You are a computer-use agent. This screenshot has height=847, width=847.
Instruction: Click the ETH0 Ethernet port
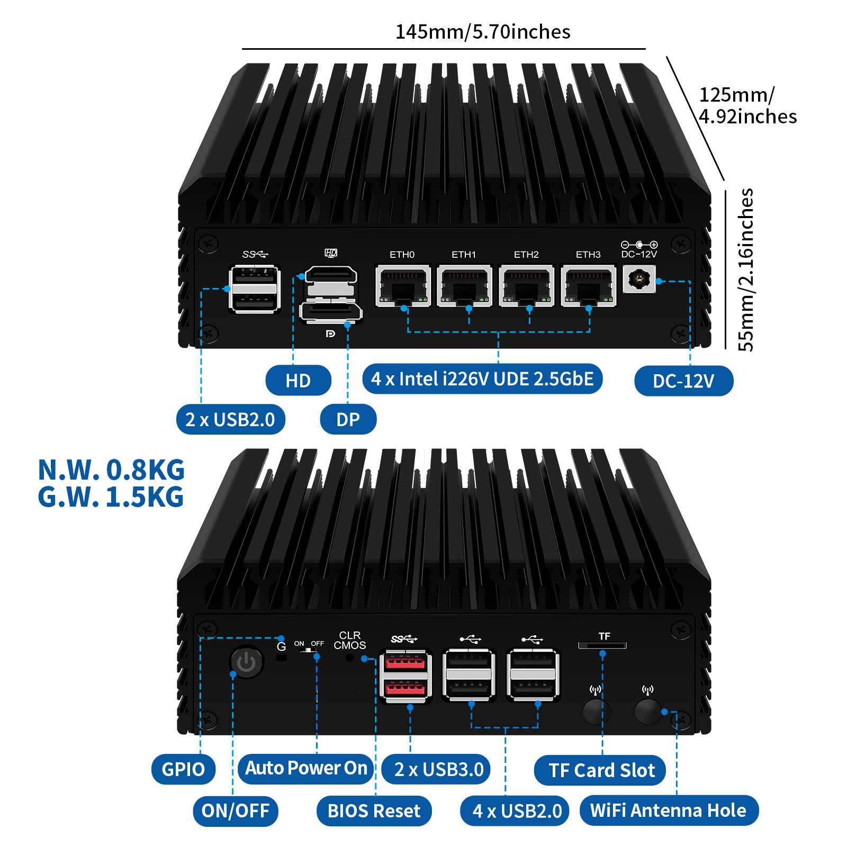pyautogui.click(x=403, y=286)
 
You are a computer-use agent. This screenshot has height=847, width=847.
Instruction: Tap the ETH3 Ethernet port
pyautogui.click(x=588, y=286)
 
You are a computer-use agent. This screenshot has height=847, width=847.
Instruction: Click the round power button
pyautogui.click(x=247, y=662)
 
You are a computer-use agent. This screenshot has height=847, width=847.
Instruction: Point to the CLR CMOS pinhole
pyautogui.click(x=349, y=658)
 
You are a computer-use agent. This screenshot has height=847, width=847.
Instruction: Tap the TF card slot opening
pyautogui.click(x=602, y=645)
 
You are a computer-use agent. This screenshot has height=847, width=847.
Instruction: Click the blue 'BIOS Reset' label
pyautogui.click(x=374, y=810)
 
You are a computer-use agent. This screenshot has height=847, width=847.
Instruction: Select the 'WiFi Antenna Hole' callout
pyautogui.click(x=669, y=810)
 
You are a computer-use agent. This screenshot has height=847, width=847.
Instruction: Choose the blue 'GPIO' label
pyautogui.click(x=183, y=769)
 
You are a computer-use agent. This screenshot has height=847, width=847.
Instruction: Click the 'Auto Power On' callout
pyautogui.click(x=306, y=768)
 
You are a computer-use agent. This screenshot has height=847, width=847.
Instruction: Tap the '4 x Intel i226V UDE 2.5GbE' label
pyautogui.click(x=482, y=379)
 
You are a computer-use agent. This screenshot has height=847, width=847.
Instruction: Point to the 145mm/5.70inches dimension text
pyautogui.click(x=483, y=32)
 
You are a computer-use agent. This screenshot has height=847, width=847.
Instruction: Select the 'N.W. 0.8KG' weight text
pyautogui.click(x=111, y=470)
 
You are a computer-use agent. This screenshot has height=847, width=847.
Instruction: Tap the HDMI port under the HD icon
pyautogui.click(x=331, y=275)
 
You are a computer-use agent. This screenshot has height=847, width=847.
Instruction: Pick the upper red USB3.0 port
pyautogui.click(x=406, y=663)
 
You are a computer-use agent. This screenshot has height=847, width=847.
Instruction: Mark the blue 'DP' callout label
pyautogui.click(x=348, y=420)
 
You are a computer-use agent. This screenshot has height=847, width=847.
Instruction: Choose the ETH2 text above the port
pyautogui.click(x=526, y=255)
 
